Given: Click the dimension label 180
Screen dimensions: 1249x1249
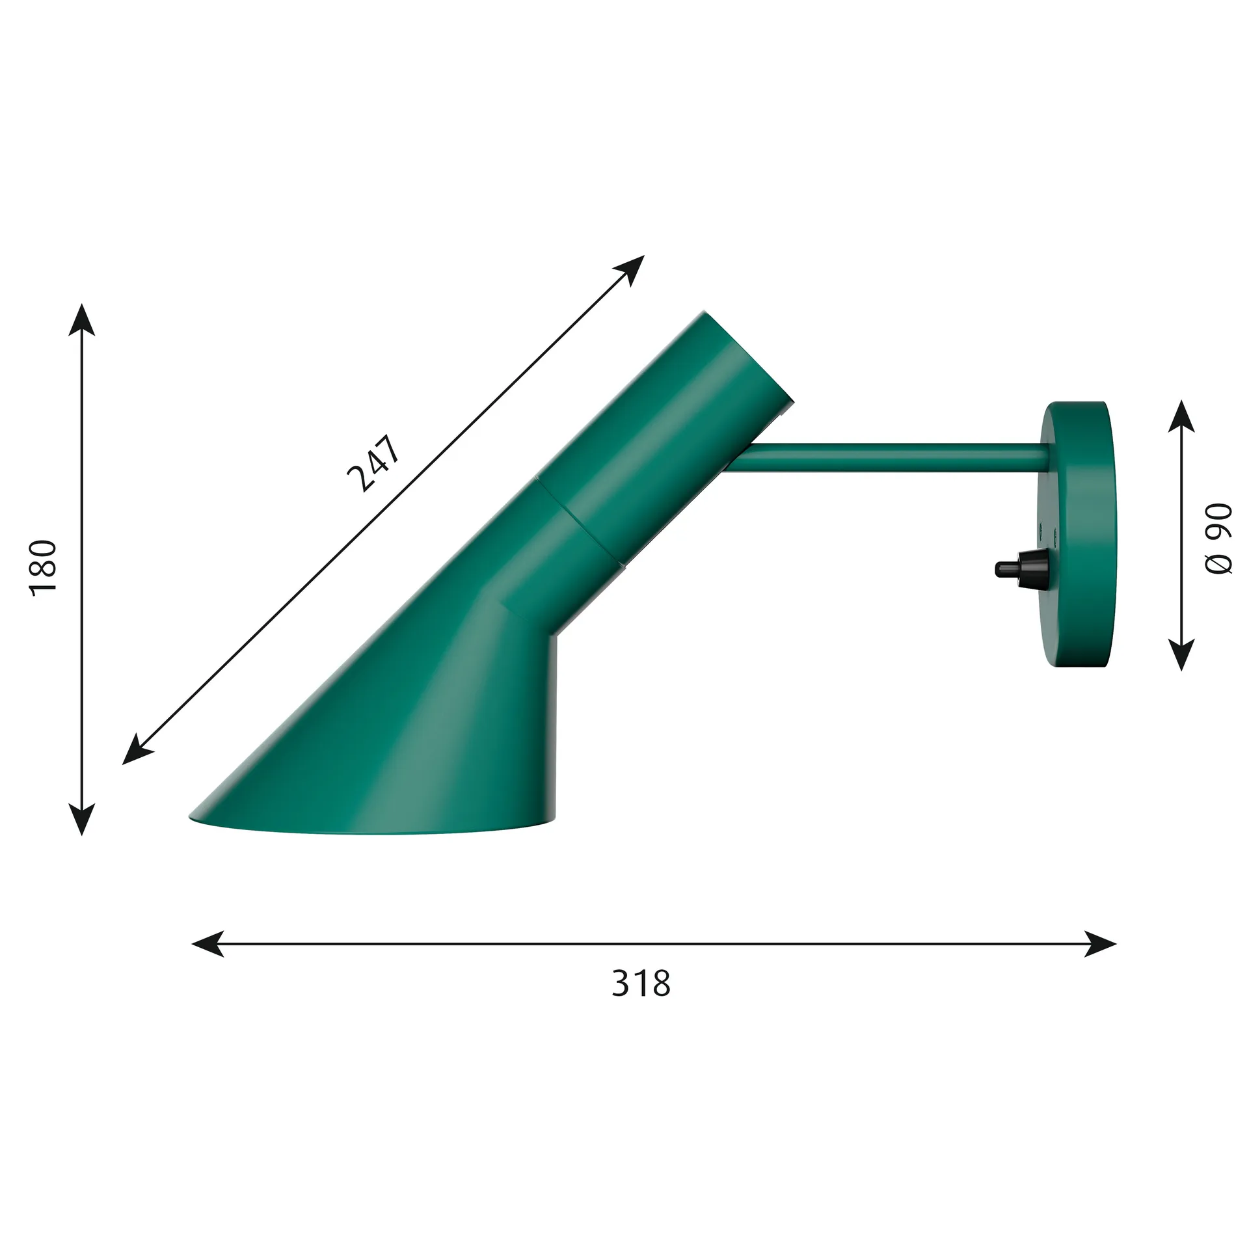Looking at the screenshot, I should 44,565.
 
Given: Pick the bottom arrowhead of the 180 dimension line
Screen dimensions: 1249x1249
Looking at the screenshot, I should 82,818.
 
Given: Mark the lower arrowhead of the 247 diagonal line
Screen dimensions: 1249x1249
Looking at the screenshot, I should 137,751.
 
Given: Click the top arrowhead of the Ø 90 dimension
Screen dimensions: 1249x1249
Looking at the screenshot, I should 1181,416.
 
